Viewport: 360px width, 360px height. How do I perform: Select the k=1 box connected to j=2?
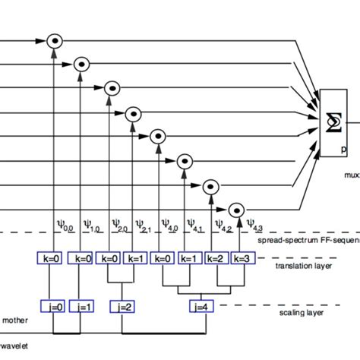point(137,258)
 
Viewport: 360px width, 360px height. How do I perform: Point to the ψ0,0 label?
point(66,225)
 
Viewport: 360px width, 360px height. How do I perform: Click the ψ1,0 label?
point(92,225)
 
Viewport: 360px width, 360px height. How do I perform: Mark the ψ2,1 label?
point(145,225)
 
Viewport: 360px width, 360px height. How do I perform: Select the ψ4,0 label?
point(170,225)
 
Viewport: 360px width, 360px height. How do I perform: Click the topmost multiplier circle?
point(54,40)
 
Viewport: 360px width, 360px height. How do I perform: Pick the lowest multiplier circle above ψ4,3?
point(237,208)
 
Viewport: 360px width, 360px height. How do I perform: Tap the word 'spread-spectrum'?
point(284,239)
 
